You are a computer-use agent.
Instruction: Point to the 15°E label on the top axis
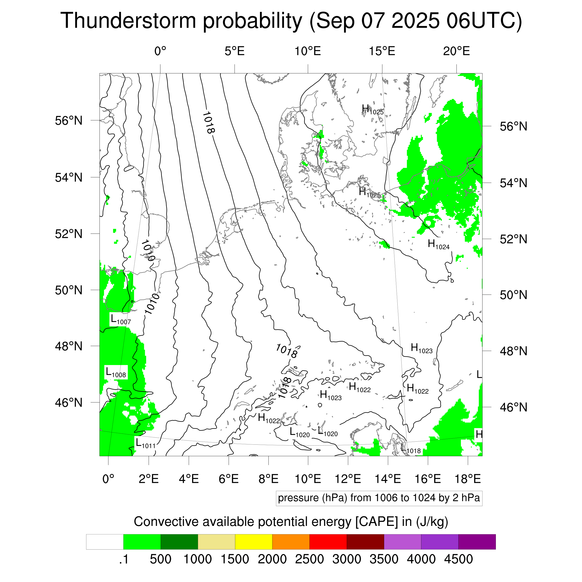382,51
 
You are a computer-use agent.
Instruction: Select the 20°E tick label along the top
456,51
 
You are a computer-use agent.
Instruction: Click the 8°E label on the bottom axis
268,479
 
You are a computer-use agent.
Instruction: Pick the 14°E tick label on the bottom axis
388,479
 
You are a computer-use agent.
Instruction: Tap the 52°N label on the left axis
69,234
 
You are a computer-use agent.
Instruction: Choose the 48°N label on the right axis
514,351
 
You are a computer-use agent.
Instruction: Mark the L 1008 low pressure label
116,373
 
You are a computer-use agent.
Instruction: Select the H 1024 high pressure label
439,244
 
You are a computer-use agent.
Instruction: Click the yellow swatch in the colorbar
254,542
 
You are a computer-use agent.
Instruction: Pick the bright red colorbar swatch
328,542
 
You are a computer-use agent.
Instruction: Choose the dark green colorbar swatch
179,542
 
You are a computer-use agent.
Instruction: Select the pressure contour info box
379,498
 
